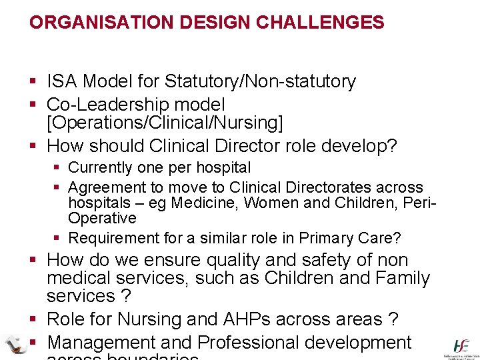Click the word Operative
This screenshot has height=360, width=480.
(x=102, y=219)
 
